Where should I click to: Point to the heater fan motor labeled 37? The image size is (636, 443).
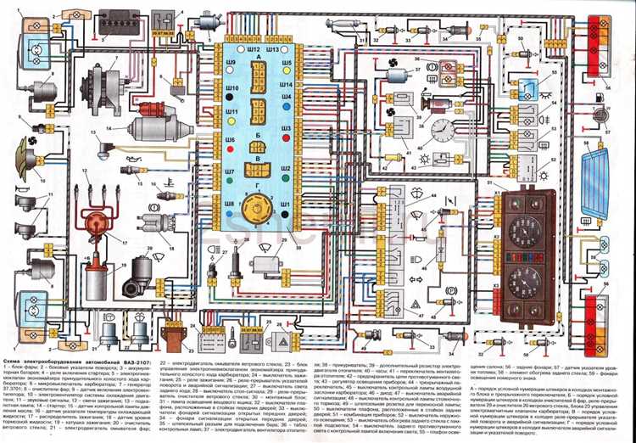tap(397, 75)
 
